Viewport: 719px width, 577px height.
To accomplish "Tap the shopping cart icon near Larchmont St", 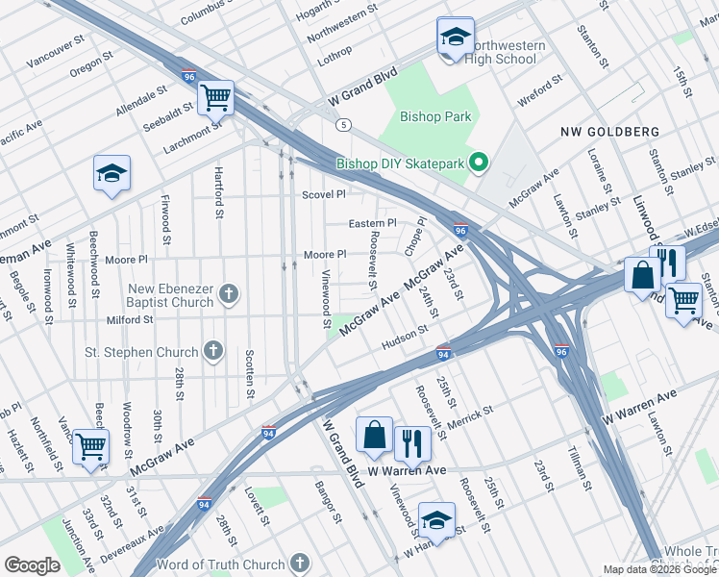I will coord(216,96).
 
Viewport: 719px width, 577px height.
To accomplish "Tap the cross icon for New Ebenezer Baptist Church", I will coord(229,294).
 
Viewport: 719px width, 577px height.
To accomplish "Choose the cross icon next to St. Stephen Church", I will coord(213,352).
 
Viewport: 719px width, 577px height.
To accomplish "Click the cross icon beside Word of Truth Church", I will coord(300,564).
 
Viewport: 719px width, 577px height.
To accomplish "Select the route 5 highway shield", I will coord(342,125).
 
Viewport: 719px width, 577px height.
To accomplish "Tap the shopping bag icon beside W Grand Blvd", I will coord(374,436).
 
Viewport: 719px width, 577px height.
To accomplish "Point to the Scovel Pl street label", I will coord(323,194).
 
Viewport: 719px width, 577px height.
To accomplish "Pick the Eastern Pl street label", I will coord(372,224).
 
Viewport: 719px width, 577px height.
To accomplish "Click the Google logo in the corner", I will coord(32,565).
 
